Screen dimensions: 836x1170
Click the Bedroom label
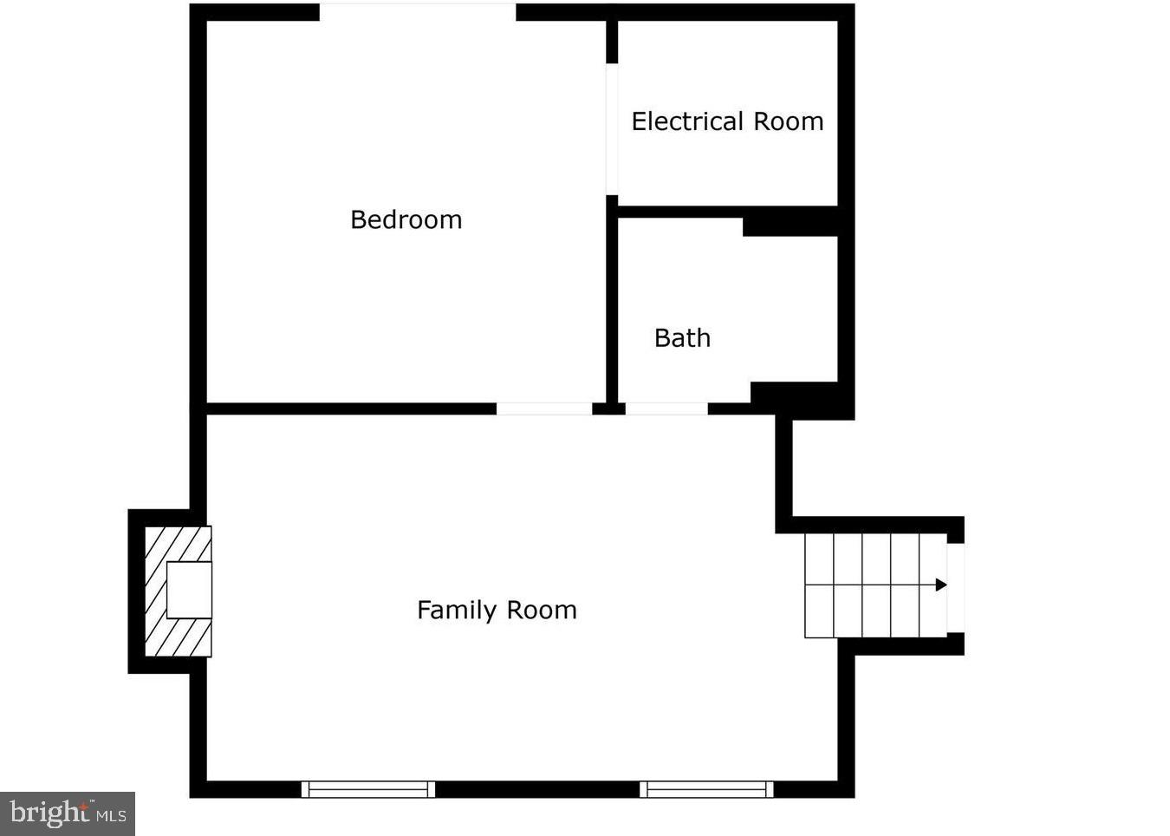pyautogui.click(x=406, y=220)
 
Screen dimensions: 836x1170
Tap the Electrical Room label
pyautogui.click(x=727, y=121)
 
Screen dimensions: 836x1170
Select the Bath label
pyautogui.click(x=682, y=338)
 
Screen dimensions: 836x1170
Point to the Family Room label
pyautogui.click(x=497, y=611)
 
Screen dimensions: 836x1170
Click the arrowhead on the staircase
pyautogui.click(x=941, y=585)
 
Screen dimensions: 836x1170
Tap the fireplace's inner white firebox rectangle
pyautogui.click(x=189, y=591)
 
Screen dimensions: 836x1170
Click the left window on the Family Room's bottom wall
pyautogui.click(x=368, y=789)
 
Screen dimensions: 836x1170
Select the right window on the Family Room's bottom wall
pyautogui.click(x=706, y=789)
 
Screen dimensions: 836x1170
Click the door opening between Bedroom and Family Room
pyautogui.click(x=544, y=408)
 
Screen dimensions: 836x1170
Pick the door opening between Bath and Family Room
pyautogui.click(x=666, y=408)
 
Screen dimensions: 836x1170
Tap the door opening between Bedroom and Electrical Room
pyautogui.click(x=612, y=129)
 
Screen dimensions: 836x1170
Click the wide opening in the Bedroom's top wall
pyautogui.click(x=418, y=12)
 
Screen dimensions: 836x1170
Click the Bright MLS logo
pyautogui.click(x=68, y=813)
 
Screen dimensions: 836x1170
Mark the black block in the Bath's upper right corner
pyautogui.click(x=790, y=225)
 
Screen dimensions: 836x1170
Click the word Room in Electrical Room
pyautogui.click(x=789, y=121)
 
